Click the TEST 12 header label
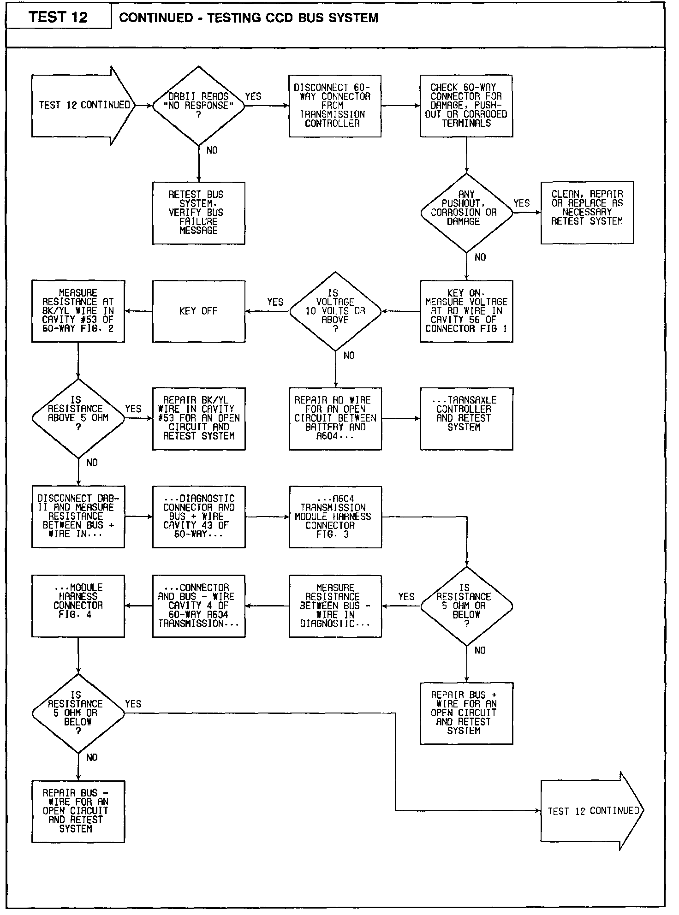tap(58, 17)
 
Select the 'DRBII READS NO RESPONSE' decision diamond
tap(198, 106)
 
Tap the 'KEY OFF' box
tap(198, 311)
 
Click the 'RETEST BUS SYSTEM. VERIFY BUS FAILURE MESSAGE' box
tap(198, 213)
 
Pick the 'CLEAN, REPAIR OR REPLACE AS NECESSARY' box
tap(587, 213)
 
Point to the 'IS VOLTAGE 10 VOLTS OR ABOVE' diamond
tap(335, 311)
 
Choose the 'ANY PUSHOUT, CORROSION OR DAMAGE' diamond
tap(466, 213)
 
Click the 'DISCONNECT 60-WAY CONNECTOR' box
tap(335, 106)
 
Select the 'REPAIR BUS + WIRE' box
tap(466, 713)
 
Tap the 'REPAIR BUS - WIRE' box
tap(78, 811)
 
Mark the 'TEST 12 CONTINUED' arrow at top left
tap(83, 106)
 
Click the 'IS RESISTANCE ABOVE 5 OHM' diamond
tap(78, 418)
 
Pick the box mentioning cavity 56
tap(466, 311)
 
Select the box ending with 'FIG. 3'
tap(335, 517)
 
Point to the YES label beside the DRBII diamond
tap(253, 96)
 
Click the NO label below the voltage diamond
tap(349, 356)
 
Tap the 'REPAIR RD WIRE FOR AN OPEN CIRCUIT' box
tap(335, 418)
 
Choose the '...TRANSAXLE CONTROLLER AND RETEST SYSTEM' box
tap(466, 418)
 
